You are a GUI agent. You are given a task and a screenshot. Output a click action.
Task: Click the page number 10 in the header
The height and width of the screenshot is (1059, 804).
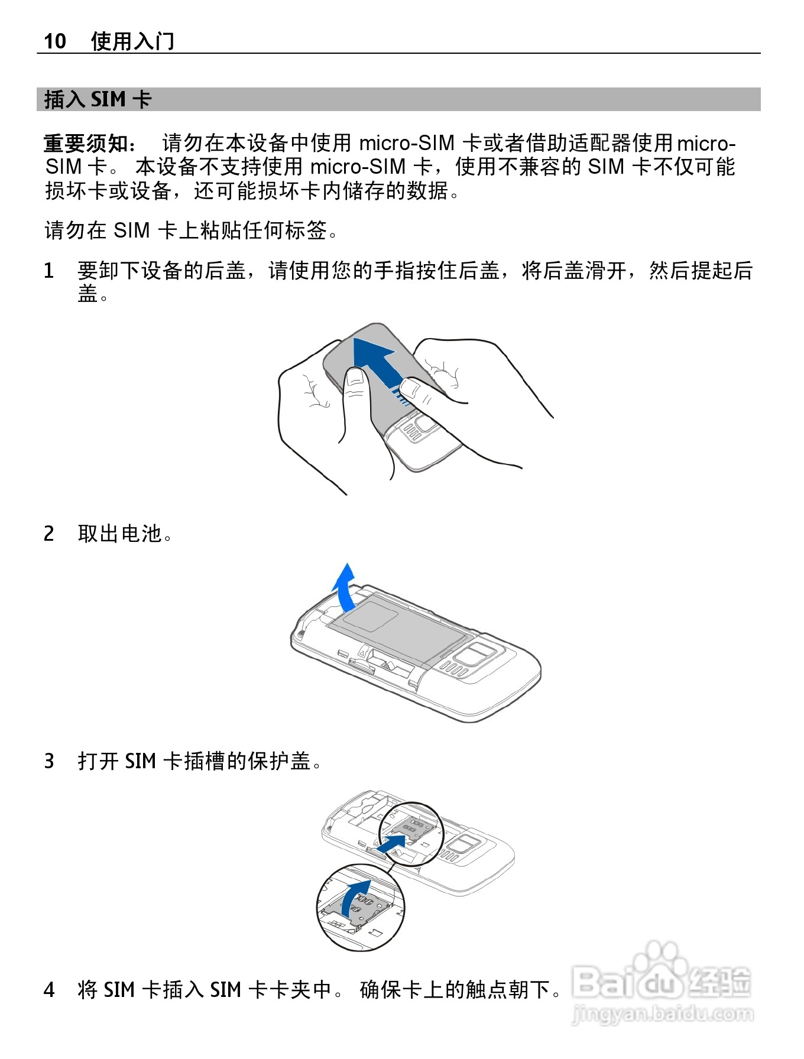(55, 41)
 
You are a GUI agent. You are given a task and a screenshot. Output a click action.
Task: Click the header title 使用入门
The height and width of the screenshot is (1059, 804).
(132, 41)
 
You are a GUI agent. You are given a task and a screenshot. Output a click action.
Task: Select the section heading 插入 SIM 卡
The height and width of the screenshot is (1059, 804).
(98, 99)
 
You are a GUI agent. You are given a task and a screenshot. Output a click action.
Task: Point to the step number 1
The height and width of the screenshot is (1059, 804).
(49, 271)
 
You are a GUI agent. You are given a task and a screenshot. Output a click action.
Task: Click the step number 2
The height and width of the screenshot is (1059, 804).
(49, 534)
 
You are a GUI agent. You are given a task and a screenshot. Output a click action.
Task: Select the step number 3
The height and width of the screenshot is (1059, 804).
(49, 761)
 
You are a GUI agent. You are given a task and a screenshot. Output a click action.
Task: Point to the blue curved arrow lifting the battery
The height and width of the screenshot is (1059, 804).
(345, 589)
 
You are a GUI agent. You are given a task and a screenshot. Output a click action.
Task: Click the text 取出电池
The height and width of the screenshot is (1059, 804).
(120, 534)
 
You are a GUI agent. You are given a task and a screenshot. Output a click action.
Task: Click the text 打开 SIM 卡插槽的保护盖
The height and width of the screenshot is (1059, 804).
(194, 761)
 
